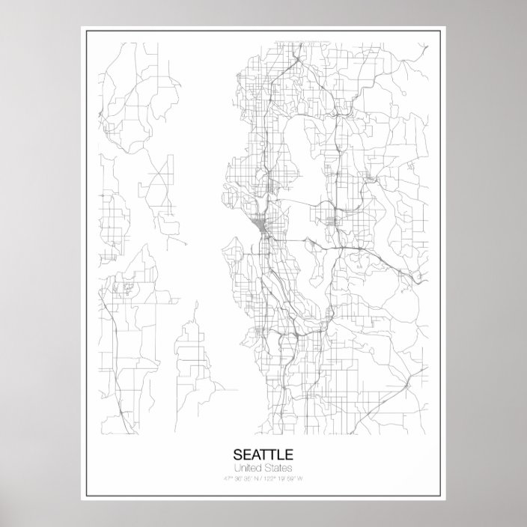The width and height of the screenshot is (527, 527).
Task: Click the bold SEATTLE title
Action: point(263,454)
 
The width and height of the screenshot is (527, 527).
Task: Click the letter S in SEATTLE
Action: point(238,454)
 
